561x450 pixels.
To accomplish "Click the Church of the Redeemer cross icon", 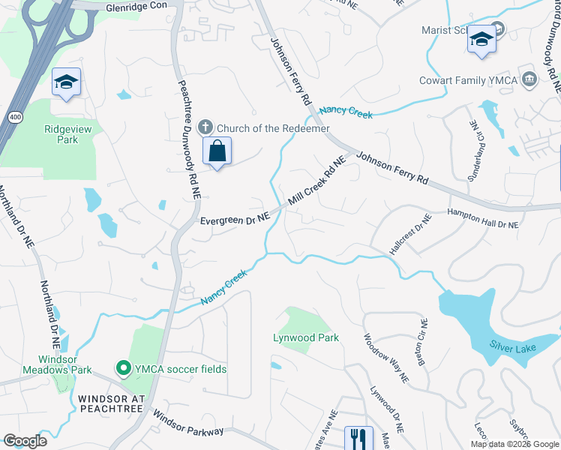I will pos(206,128).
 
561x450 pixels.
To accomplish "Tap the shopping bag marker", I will pos(217,151).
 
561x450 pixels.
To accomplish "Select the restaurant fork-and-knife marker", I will pos(358,437).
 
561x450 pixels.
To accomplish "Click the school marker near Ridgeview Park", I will pos(66,82).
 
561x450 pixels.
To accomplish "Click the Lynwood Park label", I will pos(305,337).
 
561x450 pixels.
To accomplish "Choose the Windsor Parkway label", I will pos(187,423).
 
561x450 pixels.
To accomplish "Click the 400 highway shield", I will pos(15,117).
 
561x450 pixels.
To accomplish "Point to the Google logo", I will pos(25,441).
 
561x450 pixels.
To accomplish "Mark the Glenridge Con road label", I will pos(142,6).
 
